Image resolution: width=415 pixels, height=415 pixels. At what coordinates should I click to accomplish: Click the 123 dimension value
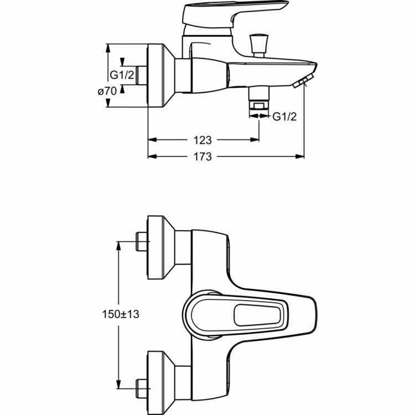point(203,141)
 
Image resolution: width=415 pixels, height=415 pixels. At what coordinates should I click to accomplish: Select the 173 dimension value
point(203,157)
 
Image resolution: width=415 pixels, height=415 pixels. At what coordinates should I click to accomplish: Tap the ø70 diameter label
point(107,92)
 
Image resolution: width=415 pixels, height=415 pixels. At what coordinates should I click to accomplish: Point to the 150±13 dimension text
point(120,314)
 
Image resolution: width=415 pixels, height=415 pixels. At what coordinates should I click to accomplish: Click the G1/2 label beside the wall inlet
point(121,75)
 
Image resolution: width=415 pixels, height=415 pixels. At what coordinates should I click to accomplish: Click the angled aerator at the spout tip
point(300,82)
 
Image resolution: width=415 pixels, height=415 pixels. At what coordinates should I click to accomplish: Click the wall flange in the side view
point(160,75)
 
